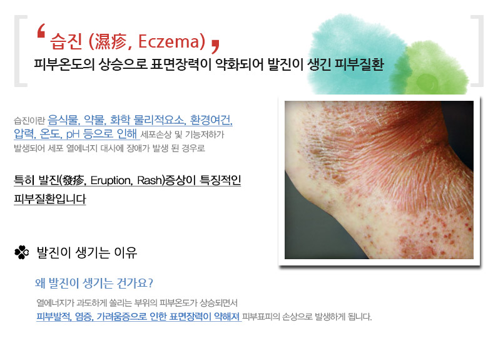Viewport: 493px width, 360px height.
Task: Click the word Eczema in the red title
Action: (x=169, y=41)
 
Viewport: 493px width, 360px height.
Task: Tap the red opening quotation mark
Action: (x=41, y=31)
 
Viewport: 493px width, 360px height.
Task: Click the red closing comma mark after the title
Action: (x=215, y=46)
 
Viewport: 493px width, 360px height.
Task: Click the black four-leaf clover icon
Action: (x=22, y=252)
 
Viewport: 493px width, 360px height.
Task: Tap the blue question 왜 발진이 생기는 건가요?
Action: (x=94, y=283)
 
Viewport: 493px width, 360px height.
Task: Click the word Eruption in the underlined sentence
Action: (x=110, y=180)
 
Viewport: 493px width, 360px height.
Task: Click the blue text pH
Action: (x=73, y=134)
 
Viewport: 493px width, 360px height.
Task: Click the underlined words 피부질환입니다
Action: (x=49, y=199)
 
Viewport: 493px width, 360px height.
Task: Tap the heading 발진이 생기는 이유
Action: (x=87, y=252)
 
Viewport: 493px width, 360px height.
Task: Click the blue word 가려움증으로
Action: (x=121, y=316)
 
